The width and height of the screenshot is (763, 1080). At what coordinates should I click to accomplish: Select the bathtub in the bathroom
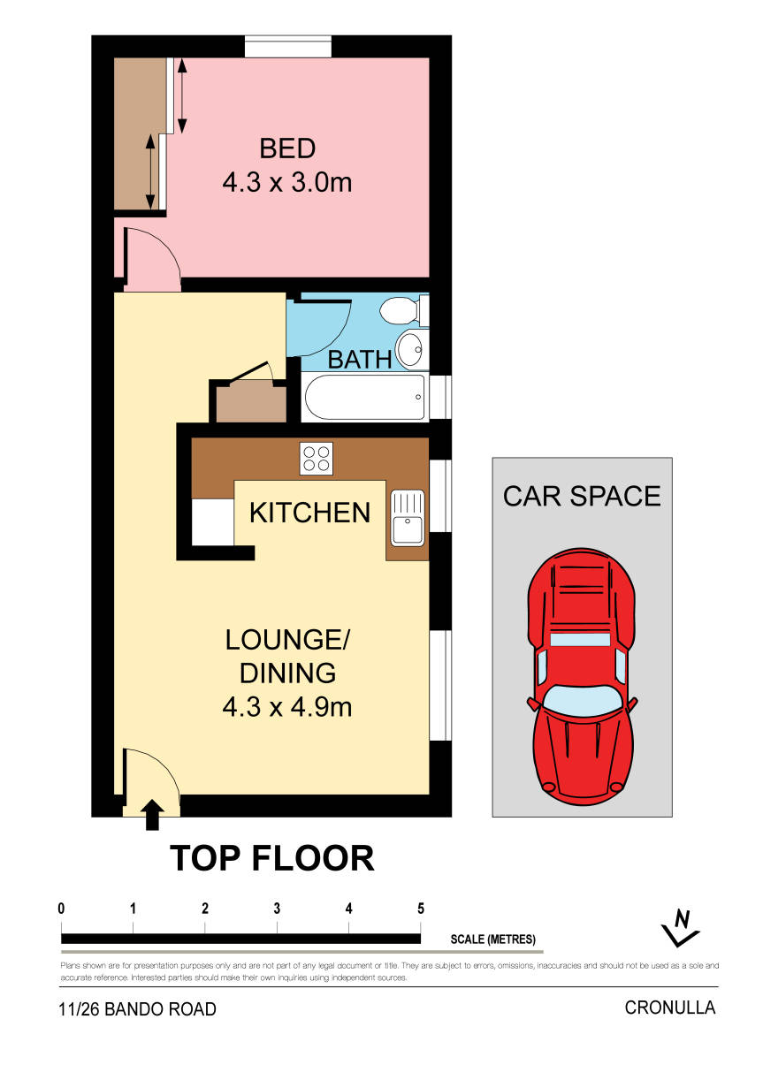(x=365, y=398)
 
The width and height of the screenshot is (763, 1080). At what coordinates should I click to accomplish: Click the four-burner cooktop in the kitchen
(x=316, y=458)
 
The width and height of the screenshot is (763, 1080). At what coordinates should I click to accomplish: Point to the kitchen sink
(x=407, y=518)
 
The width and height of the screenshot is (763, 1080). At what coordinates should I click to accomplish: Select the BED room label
(x=287, y=148)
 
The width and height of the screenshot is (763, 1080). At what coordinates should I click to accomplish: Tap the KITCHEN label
(x=309, y=513)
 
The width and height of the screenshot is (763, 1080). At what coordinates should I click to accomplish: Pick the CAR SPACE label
(x=582, y=496)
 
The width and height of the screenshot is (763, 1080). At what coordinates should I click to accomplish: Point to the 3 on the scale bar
(x=277, y=909)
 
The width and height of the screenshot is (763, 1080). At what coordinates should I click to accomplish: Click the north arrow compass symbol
(x=680, y=928)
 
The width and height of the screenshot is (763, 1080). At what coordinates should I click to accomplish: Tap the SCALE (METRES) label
(x=493, y=939)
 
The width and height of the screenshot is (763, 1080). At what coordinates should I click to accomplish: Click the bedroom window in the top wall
(x=288, y=46)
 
